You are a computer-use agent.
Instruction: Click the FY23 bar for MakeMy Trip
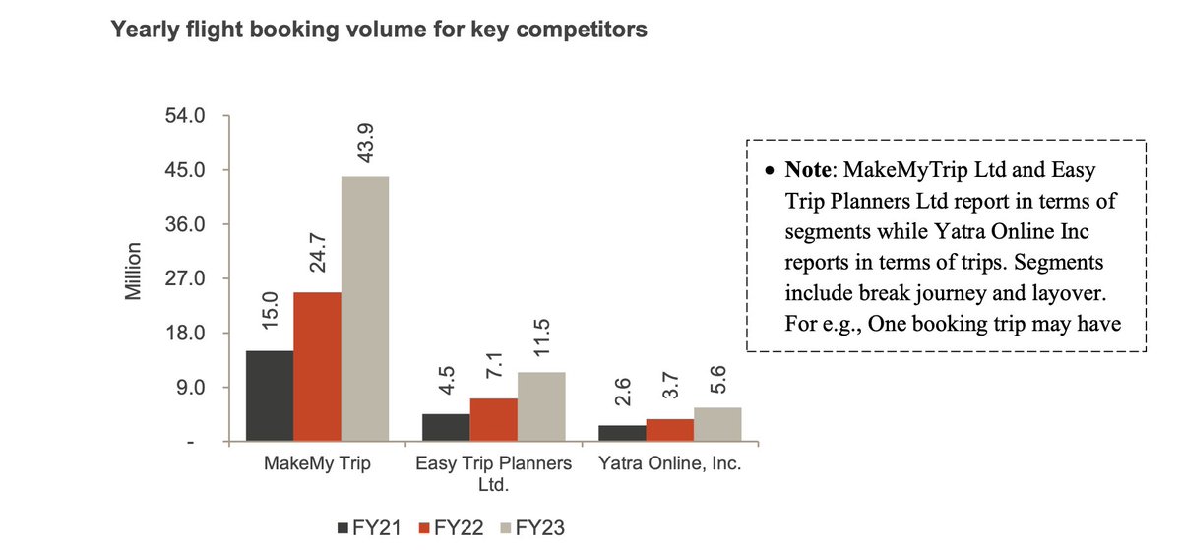[365, 309]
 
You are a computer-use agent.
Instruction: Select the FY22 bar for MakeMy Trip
[317, 367]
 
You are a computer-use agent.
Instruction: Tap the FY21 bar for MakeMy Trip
[270, 396]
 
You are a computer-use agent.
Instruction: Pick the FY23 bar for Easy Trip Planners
[541, 406]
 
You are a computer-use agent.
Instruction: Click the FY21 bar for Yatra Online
[622, 433]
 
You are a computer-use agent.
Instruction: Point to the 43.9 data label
[365, 145]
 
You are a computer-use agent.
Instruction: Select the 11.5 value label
[541, 340]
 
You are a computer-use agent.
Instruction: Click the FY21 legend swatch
[343, 528]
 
